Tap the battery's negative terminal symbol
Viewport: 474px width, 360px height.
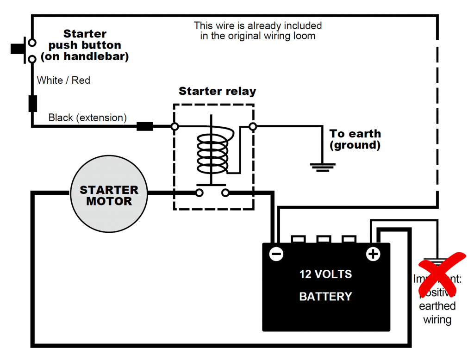coord(276,254)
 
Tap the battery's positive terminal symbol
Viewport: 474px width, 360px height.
coord(373,254)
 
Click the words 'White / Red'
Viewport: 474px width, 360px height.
coord(63,81)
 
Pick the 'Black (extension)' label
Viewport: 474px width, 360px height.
coord(87,118)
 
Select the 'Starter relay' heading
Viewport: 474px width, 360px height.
coord(217,91)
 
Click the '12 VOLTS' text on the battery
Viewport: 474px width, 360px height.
coord(325,274)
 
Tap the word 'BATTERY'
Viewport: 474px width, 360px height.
coord(325,297)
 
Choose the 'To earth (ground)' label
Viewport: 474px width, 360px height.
coord(355,139)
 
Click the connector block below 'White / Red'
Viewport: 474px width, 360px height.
coord(32,103)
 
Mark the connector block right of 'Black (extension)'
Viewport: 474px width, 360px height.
coord(145,126)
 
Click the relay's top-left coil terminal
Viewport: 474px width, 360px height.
coord(175,126)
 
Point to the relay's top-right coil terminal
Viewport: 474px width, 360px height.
coord(252,126)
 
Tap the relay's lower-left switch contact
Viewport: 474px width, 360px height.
coord(199,192)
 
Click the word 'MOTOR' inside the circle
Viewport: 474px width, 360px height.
coord(109,202)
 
